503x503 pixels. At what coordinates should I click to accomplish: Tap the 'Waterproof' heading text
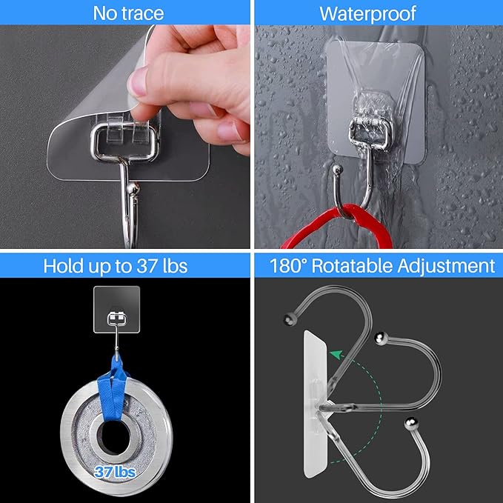point(378,13)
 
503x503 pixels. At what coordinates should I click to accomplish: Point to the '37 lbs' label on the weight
point(114,470)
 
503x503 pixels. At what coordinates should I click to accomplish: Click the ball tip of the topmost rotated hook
point(287,321)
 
